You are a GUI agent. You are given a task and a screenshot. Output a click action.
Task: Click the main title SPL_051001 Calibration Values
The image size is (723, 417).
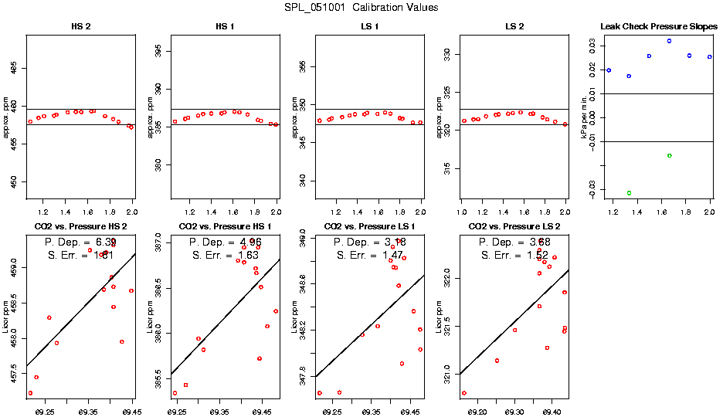(361, 8)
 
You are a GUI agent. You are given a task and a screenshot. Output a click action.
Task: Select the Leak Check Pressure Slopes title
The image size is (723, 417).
(659, 26)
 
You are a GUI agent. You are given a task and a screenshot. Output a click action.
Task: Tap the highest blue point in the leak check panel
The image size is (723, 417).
(669, 41)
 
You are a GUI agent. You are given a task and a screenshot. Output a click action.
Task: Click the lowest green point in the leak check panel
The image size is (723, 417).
(629, 193)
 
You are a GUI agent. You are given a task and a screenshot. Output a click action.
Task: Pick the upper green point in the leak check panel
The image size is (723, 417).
(669, 156)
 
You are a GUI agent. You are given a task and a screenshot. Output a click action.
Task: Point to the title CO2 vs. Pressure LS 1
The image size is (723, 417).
(370, 226)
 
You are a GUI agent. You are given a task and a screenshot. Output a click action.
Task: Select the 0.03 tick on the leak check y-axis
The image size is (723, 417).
(592, 46)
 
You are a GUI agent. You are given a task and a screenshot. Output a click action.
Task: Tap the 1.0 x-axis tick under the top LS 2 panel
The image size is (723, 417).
(461, 212)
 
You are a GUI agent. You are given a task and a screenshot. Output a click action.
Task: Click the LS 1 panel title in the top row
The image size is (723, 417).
(370, 26)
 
